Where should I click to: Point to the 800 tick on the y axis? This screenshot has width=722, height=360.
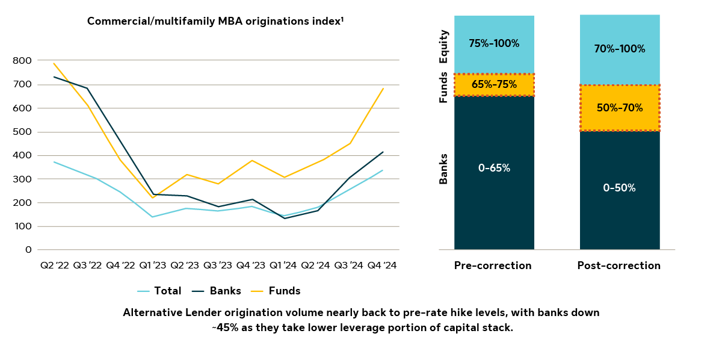click(x=23, y=61)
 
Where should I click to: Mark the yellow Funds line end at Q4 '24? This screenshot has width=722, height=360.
click(x=383, y=89)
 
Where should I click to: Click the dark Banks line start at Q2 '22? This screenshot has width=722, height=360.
click(x=54, y=76)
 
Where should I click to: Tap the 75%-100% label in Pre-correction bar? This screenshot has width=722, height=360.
click(x=494, y=43)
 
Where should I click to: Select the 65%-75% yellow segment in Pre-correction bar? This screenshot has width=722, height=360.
click(x=494, y=85)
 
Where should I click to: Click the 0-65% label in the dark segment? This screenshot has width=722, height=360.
click(x=494, y=168)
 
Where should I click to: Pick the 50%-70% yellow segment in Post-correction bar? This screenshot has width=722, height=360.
click(x=620, y=108)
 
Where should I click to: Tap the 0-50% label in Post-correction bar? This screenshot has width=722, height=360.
click(x=620, y=188)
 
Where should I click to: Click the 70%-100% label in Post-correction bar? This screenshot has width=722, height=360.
click(x=620, y=49)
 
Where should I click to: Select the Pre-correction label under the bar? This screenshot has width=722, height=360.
click(x=493, y=265)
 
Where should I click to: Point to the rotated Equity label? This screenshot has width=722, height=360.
click(x=444, y=47)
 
